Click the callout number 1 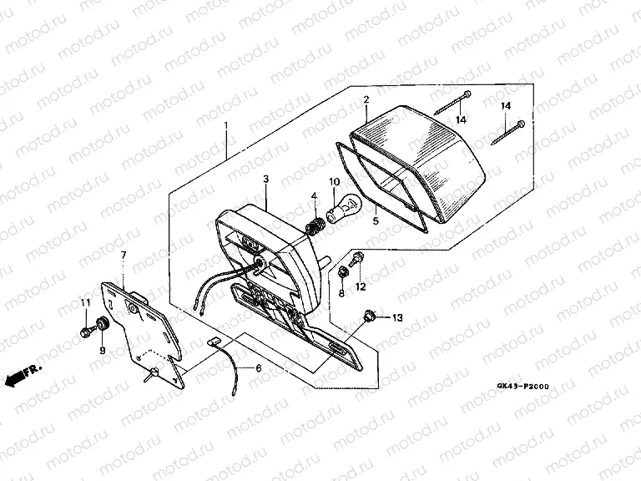click(226, 125)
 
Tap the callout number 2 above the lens click(366, 99)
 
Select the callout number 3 click(266, 180)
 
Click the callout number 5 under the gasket click(376, 220)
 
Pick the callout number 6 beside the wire click(259, 368)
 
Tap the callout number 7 click(124, 256)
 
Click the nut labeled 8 click(342, 272)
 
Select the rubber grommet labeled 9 click(100, 324)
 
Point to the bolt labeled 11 click(86, 332)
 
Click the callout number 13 click(397, 317)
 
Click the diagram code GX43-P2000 click(522, 386)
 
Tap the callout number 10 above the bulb click(335, 181)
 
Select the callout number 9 click(102, 350)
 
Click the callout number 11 click(85, 302)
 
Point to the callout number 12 click(361, 287)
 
